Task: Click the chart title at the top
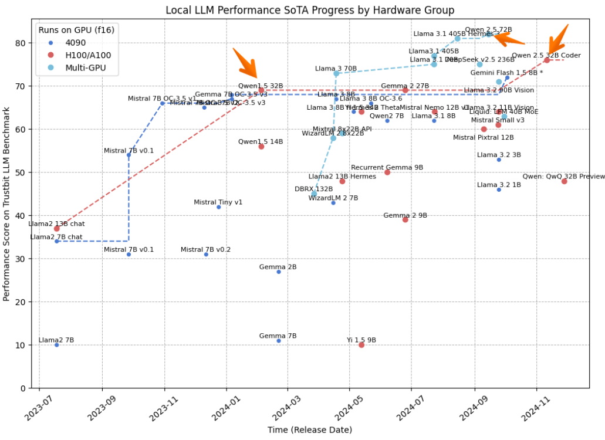click(310, 10)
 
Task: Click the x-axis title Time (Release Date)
click(310, 430)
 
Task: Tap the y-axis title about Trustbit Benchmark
click(7, 204)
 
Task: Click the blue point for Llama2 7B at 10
click(56, 345)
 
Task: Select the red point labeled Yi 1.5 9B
click(361, 345)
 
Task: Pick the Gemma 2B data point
click(279, 272)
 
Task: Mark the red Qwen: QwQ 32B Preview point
click(564, 181)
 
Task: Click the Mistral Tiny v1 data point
click(219, 207)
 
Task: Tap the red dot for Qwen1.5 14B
click(261, 147)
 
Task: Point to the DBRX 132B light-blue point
click(314, 194)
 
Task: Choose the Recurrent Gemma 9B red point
click(387, 172)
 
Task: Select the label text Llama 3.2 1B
click(499, 185)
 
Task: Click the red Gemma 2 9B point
click(405, 219)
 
